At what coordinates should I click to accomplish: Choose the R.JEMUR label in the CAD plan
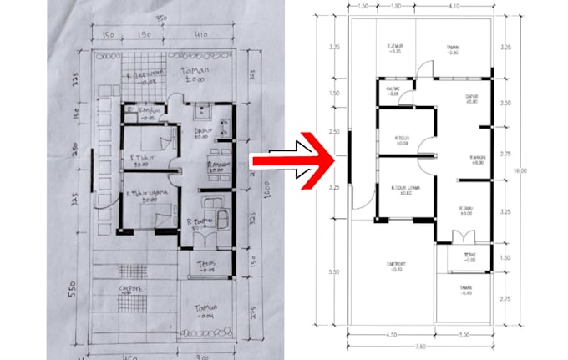coord(396,48)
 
